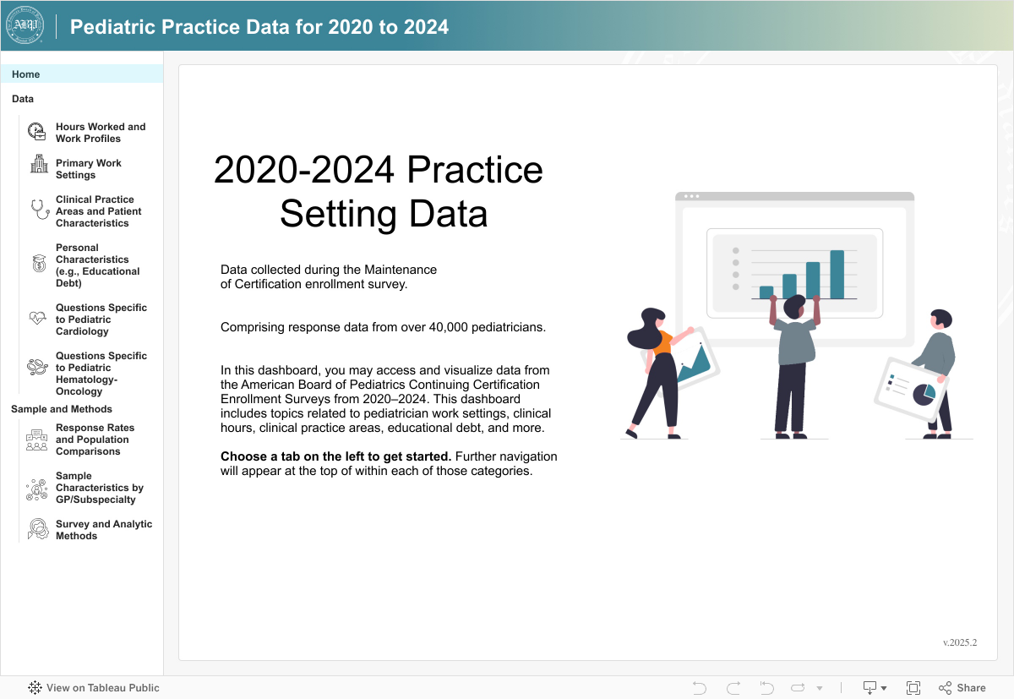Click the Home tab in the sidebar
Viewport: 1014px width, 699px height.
tap(26, 74)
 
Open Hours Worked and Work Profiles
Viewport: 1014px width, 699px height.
tap(100, 133)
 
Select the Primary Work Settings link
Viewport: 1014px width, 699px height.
tap(88, 169)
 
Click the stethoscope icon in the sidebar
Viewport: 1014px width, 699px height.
tap(39, 210)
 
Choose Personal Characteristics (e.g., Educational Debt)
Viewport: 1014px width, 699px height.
tap(97, 265)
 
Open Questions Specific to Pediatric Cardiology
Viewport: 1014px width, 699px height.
tap(101, 319)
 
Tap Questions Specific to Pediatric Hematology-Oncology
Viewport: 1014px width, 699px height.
tap(101, 374)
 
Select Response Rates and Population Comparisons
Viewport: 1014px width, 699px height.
tap(95, 440)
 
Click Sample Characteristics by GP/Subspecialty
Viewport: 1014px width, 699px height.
tap(99, 488)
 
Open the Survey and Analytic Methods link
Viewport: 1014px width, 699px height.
tap(103, 530)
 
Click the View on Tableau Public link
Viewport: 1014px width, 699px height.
tap(94, 688)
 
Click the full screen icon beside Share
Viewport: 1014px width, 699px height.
tap(913, 688)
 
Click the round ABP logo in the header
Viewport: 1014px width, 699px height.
tap(25, 26)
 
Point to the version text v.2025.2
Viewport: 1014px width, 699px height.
tap(960, 642)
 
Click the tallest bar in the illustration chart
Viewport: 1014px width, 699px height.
tap(837, 275)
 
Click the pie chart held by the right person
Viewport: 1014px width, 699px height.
tap(924, 394)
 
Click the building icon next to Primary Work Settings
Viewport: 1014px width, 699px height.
tap(39, 164)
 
